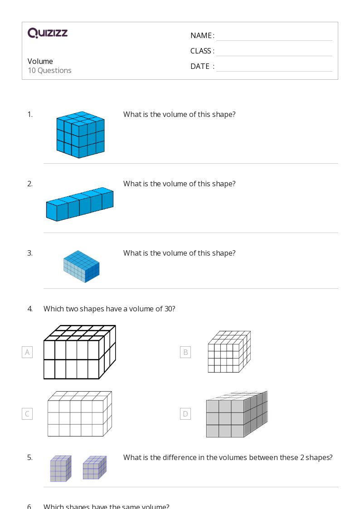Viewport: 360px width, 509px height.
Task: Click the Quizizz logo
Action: click(x=48, y=33)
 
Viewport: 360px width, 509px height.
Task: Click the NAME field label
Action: click(x=201, y=35)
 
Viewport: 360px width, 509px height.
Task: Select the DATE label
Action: click(x=200, y=66)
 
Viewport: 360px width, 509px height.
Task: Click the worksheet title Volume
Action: click(x=40, y=61)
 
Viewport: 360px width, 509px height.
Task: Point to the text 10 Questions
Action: click(x=49, y=70)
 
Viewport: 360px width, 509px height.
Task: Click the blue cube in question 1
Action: click(x=80, y=135)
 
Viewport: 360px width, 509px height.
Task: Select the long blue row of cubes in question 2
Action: click(x=80, y=204)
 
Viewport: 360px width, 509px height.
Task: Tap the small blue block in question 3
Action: click(x=81, y=267)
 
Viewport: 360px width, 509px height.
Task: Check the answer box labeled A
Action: click(x=27, y=352)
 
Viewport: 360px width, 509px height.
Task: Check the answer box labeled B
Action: click(x=185, y=352)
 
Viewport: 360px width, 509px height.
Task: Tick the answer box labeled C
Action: click(x=27, y=414)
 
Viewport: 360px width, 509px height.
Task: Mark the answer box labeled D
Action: click(x=185, y=414)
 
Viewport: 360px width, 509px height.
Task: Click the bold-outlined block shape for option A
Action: click(x=79, y=352)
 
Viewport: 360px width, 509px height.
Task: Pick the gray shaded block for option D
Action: click(x=236, y=414)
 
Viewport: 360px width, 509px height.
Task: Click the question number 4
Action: click(x=30, y=309)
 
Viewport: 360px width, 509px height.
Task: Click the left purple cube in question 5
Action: click(x=60, y=469)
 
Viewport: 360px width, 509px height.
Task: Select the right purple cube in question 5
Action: click(x=94, y=467)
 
